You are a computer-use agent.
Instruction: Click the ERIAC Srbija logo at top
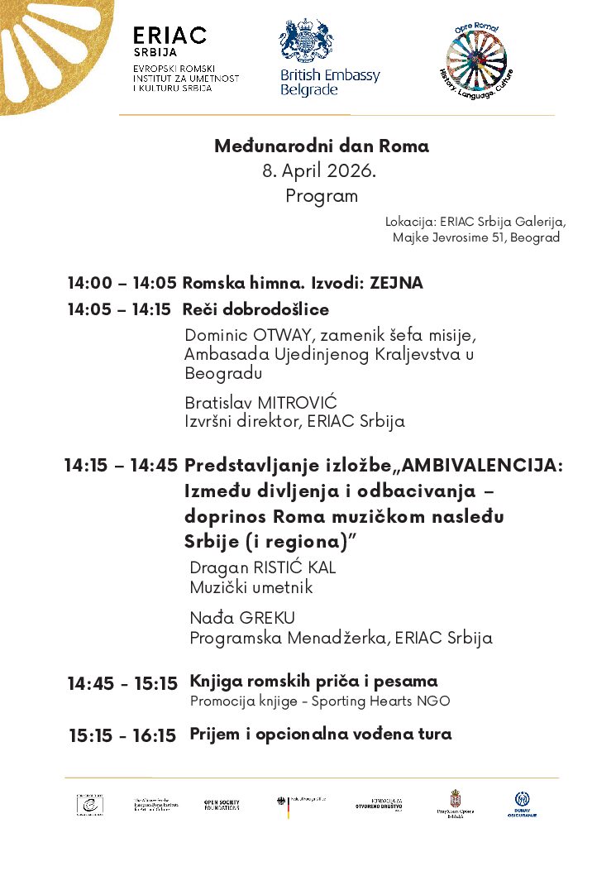pos(170,36)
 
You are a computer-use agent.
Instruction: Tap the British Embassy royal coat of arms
pos(306,42)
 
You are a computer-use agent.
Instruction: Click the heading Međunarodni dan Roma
pos(322,146)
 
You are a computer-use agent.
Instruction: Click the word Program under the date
pos(322,196)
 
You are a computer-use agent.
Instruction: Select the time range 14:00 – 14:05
pos(122,283)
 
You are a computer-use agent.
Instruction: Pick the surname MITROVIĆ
pos(298,403)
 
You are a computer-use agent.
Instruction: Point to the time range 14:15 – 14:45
pos(121,466)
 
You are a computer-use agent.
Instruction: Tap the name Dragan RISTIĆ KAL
pos(262,568)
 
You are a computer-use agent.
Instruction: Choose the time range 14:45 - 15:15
pos(122,683)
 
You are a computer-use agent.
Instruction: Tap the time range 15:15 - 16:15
pos(122,735)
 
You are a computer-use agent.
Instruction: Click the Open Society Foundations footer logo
pos(222,805)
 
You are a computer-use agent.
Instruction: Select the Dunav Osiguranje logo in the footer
pos(522,805)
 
